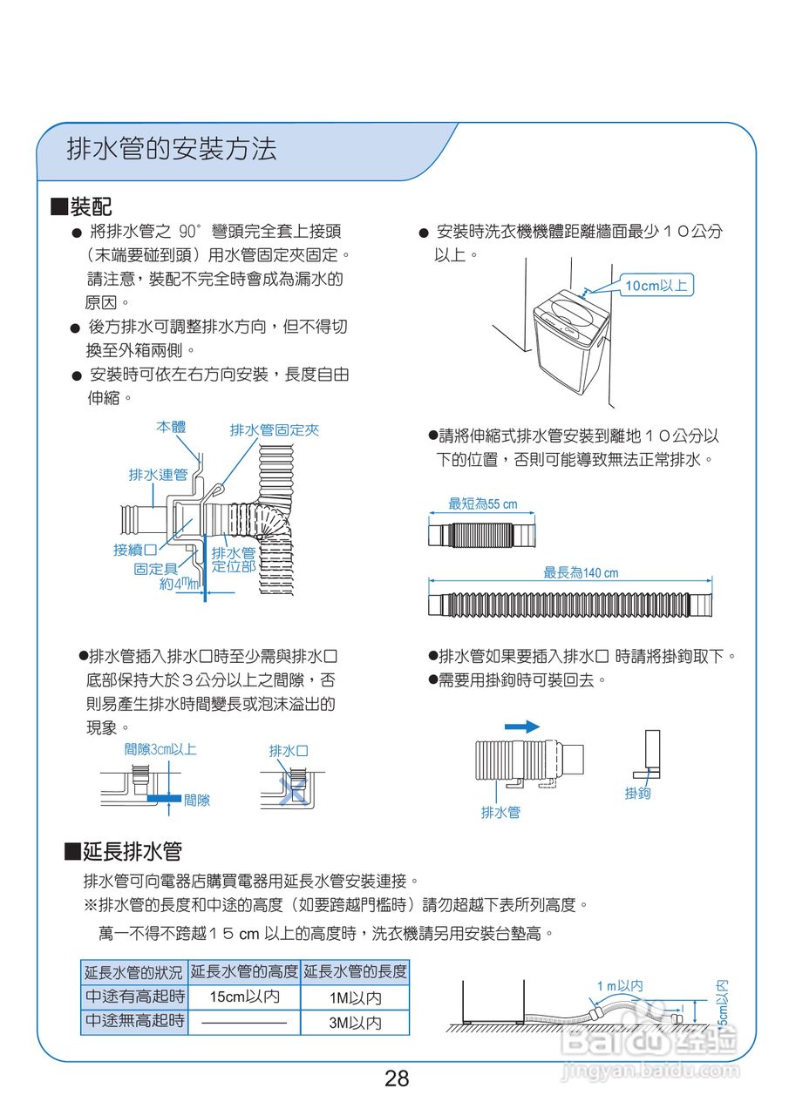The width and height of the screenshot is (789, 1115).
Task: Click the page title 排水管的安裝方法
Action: (172, 149)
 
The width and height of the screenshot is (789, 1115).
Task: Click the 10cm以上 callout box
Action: (655, 286)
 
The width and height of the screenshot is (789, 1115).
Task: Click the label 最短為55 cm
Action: (482, 503)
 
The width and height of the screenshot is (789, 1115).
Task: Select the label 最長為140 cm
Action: (581, 572)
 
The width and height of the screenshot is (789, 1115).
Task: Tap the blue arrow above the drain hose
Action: (522, 726)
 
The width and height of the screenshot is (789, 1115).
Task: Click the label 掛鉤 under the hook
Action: (637, 794)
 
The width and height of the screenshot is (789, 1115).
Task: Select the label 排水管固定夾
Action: (275, 430)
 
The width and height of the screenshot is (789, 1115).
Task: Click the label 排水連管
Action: (158, 474)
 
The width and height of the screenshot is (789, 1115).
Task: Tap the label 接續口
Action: (134, 550)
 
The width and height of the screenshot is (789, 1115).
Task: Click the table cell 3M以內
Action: (355, 1023)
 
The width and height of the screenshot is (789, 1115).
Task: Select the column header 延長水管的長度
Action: (355, 971)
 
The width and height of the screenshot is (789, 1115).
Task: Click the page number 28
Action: (397, 1078)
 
